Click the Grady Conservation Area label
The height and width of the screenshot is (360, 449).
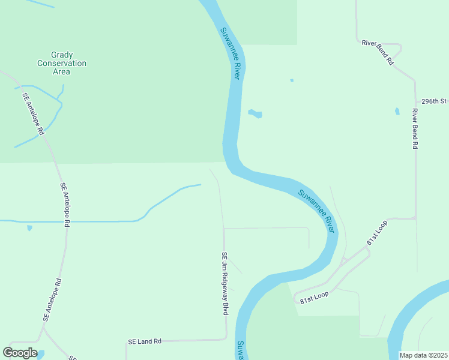(x=61, y=63)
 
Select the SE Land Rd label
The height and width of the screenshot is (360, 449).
(x=145, y=341)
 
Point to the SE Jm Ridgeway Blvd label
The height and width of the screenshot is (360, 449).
(x=225, y=283)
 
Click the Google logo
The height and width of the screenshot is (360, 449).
(x=20, y=353)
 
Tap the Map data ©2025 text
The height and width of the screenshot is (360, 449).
(x=424, y=355)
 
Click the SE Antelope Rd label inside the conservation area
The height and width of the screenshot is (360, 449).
(x=34, y=113)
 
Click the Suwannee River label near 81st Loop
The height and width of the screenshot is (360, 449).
(x=316, y=208)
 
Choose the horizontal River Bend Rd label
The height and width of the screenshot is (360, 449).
(x=378, y=52)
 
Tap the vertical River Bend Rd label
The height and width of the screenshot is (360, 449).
(x=415, y=128)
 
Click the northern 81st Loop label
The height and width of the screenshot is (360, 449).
(x=378, y=232)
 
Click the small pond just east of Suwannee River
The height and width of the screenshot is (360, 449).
(x=255, y=113)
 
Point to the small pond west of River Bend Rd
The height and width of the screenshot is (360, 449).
(x=397, y=112)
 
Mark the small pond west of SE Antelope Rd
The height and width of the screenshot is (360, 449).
(x=29, y=228)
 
